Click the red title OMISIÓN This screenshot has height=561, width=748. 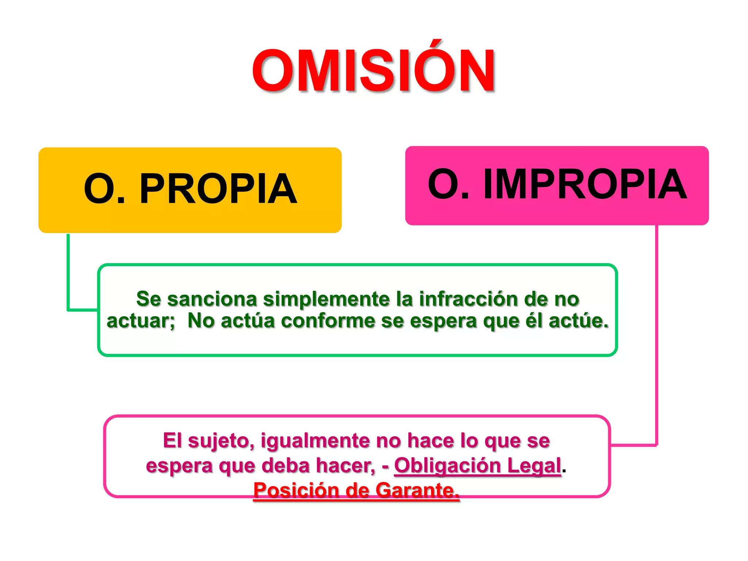coord(373,71)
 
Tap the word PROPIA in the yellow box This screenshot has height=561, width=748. coord(218,189)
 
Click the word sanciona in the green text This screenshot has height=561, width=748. coord(212,299)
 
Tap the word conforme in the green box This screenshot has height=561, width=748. coord(328,321)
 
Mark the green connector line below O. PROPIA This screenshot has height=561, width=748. coord(68,272)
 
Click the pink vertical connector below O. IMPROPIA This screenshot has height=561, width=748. coord(656,329)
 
